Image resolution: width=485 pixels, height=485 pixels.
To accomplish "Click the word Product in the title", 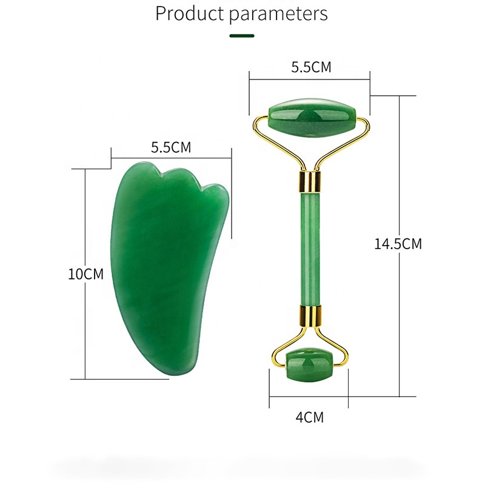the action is [x=189, y=13].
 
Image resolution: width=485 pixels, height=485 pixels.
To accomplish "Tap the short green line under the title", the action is [x=242, y=36].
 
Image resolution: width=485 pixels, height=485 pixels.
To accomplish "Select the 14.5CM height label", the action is [x=398, y=244].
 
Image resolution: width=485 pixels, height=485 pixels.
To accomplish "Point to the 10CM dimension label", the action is [x=85, y=274].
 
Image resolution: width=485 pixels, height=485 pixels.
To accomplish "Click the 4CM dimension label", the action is [x=310, y=417].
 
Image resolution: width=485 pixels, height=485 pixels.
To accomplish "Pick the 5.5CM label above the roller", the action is [x=311, y=67].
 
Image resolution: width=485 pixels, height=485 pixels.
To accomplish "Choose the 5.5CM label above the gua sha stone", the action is [x=171, y=147].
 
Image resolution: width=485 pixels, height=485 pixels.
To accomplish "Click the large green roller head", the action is [x=312, y=118].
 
